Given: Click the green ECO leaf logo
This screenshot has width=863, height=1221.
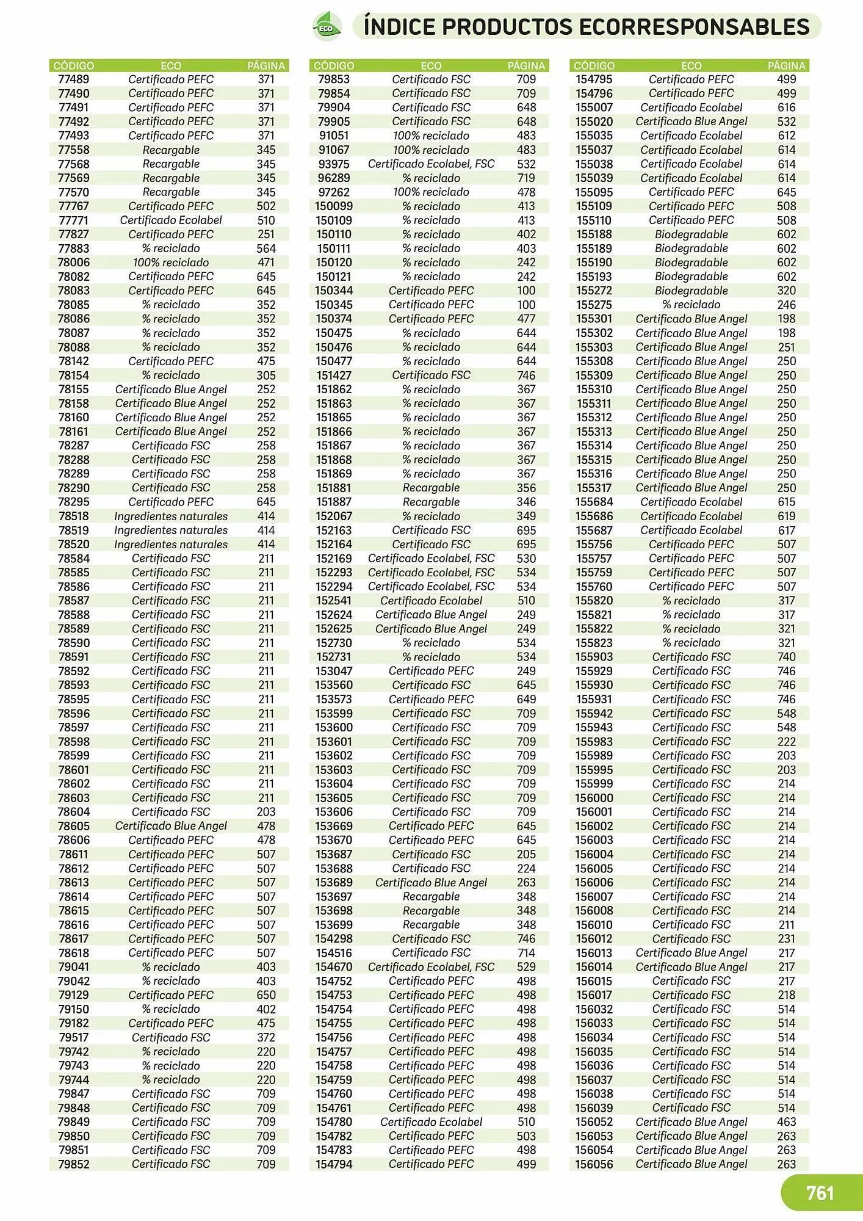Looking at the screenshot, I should coord(327,27).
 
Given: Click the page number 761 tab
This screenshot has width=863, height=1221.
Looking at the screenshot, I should coord(820,1193).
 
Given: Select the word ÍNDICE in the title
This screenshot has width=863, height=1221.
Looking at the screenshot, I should coord(399,27).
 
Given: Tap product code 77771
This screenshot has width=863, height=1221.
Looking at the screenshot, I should coord(73,220).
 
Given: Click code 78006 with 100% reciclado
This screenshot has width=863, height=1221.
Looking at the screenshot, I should coord(73,263).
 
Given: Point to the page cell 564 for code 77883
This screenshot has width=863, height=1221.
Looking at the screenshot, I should coord(265,248).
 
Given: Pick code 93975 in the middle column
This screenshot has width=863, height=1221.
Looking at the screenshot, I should coord(333,164).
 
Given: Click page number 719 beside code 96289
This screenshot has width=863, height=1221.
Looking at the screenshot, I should coord(525,178).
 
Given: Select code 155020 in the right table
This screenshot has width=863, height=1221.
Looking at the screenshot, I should coord(594,121).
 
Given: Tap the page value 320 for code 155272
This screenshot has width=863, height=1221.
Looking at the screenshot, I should coord(786,291).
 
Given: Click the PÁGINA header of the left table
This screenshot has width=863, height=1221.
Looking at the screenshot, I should coord(265,65).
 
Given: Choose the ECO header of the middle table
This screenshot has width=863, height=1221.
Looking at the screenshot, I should coord(431,65).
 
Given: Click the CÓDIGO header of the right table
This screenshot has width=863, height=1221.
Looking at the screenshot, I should coord(594,65).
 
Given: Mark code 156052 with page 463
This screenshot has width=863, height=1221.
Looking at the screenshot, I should coord(594,1122).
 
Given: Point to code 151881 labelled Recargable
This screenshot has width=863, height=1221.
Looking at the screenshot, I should coord(333,488).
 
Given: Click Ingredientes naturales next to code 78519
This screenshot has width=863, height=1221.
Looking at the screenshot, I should coord(171,531).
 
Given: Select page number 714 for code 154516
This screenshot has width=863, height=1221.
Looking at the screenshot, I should coord(525,953).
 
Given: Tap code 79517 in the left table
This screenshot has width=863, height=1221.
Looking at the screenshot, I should coord(73,1037).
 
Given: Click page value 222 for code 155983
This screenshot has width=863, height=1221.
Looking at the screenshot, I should coord(786,742).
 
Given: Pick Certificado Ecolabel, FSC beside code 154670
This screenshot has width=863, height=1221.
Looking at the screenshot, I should coord(431,967).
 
